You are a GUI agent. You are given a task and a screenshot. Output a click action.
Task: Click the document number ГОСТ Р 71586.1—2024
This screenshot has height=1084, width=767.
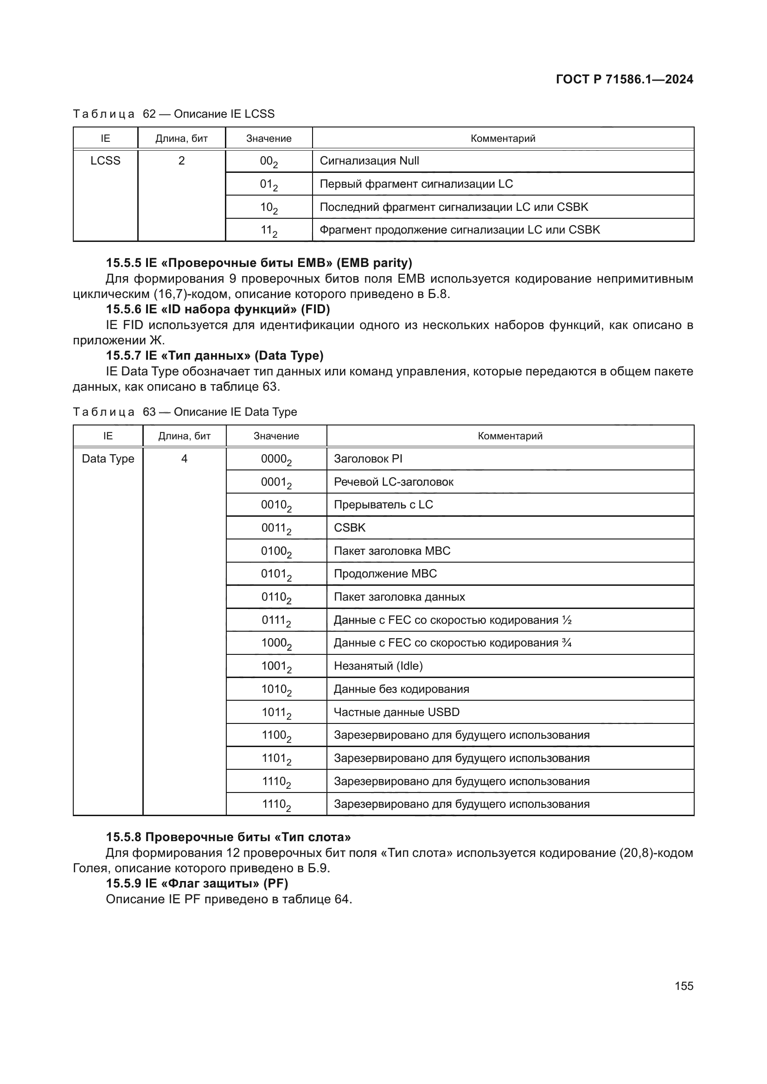tap(624, 79)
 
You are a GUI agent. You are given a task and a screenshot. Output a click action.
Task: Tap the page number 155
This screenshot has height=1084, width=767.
tap(684, 986)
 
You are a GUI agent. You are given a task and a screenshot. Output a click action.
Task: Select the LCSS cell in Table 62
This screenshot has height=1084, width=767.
tap(105, 161)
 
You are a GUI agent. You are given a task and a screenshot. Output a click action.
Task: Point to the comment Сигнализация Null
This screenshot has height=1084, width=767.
tap(369, 161)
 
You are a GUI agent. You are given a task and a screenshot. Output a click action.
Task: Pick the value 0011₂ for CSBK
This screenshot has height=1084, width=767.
tap(276, 528)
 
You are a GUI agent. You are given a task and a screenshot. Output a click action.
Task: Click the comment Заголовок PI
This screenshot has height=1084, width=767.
tap(368, 459)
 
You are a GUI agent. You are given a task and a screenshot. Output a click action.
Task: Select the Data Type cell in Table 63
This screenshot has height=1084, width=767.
tap(108, 459)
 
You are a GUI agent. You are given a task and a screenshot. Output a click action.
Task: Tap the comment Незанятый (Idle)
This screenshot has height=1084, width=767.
tap(378, 666)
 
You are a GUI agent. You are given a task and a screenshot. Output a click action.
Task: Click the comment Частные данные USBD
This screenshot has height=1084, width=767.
tap(396, 712)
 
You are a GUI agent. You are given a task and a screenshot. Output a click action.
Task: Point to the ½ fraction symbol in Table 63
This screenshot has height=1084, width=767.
tap(567, 621)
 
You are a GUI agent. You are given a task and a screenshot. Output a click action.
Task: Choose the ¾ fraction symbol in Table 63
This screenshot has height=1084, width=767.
tap(567, 643)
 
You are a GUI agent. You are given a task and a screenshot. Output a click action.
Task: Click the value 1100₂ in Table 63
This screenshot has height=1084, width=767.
tap(276, 735)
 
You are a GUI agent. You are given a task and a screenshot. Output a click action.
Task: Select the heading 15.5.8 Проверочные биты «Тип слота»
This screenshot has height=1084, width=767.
tap(228, 837)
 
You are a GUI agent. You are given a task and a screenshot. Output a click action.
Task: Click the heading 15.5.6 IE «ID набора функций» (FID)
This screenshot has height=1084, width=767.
tap(218, 309)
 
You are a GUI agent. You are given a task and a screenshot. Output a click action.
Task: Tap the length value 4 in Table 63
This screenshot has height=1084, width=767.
tap(184, 459)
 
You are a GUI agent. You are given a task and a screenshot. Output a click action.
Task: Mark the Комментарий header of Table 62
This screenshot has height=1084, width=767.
tap(503, 138)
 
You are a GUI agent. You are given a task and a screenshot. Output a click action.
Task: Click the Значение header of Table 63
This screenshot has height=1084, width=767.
tap(276, 436)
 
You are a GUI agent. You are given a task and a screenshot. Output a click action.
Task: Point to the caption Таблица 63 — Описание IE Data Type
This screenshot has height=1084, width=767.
tap(185, 412)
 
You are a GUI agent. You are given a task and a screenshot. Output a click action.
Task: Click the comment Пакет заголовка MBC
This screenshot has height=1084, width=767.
tap(392, 551)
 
